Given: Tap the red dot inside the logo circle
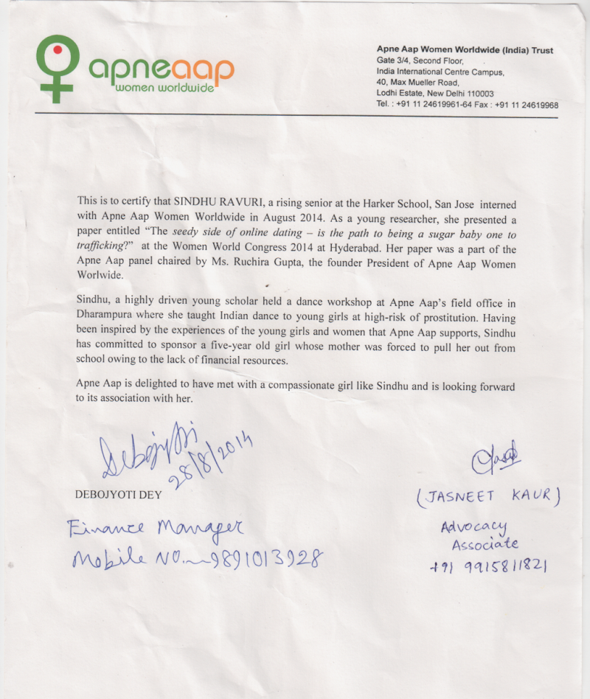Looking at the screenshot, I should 55,51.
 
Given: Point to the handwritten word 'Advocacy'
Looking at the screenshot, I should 474,526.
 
